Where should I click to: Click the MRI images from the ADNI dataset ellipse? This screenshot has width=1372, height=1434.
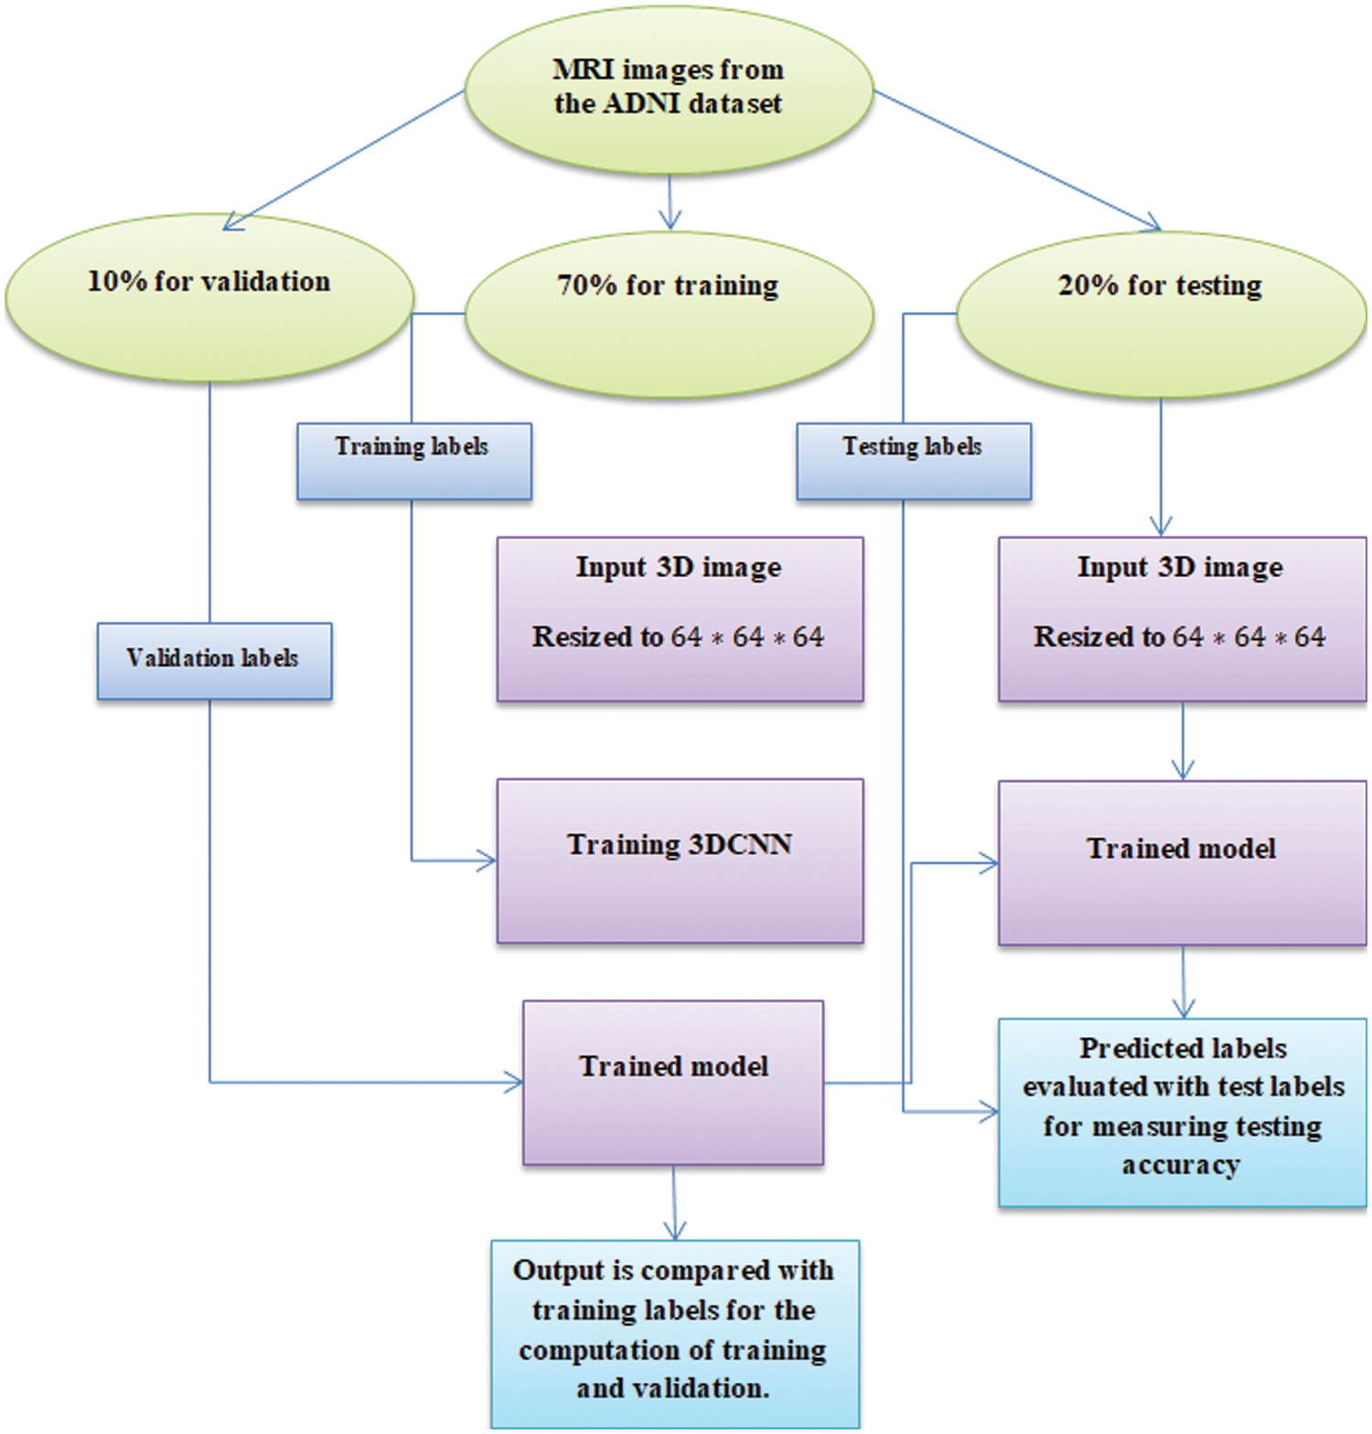[x=669, y=89]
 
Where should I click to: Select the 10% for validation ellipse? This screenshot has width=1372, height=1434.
[x=209, y=299]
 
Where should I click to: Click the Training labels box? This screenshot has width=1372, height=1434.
[x=413, y=461]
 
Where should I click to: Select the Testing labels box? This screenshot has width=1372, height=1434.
[x=913, y=461]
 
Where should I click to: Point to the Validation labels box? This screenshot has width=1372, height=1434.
[x=214, y=661]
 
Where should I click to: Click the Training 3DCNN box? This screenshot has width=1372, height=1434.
[x=680, y=861]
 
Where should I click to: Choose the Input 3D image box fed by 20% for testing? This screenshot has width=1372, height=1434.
[x=1182, y=619]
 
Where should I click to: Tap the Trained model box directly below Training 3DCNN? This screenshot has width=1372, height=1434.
[x=673, y=1082]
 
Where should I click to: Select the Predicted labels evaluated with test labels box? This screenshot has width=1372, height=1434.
[x=1182, y=1112]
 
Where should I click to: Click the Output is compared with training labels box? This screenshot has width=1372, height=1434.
[x=674, y=1332]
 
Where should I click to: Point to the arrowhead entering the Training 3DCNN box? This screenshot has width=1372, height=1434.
[x=488, y=861]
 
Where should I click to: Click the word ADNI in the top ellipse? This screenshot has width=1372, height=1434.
[x=641, y=103]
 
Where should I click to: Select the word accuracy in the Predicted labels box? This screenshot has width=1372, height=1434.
[x=1181, y=1165]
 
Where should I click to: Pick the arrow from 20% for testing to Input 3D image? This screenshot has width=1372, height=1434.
[x=1161, y=466]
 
